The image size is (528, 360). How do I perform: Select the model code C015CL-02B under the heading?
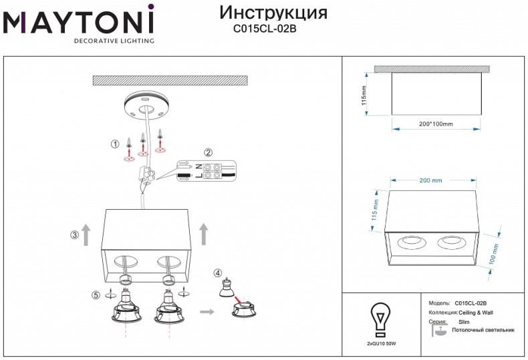(x=264, y=29)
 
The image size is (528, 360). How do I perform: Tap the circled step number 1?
(x=114, y=144)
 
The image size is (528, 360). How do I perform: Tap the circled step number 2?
(x=208, y=152)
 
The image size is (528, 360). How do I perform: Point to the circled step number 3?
(x=74, y=234)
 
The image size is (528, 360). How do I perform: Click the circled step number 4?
(x=218, y=273)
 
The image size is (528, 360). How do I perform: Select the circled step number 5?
(x=96, y=295)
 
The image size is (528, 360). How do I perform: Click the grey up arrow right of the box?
(x=204, y=234)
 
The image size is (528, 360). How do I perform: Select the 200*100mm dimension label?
(x=431, y=124)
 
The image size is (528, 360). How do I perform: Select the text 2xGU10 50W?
(x=382, y=343)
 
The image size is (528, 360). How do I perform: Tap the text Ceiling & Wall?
(x=476, y=313)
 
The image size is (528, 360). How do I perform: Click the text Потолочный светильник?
(x=483, y=330)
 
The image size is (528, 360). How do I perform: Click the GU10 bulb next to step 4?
(x=227, y=288)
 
